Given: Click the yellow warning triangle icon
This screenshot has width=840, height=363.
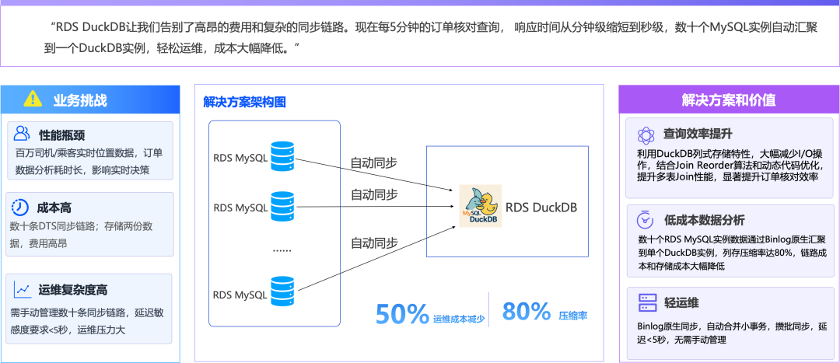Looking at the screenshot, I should [x=32, y=99].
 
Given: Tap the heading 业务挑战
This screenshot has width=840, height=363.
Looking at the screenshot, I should [x=80, y=99].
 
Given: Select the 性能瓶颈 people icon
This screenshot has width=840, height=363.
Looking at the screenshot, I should [x=22, y=134].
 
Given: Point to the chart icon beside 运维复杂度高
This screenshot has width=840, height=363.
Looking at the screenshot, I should [x=22, y=290].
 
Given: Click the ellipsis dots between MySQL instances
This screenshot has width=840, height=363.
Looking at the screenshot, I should [x=282, y=250].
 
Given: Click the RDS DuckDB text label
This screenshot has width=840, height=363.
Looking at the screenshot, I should [x=541, y=208].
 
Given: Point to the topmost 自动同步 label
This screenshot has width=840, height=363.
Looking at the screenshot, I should [x=374, y=162].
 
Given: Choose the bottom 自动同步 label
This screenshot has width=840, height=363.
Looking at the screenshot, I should [x=374, y=243].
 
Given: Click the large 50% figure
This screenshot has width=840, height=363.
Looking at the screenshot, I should [x=402, y=314].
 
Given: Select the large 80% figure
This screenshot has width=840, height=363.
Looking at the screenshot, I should [x=527, y=312].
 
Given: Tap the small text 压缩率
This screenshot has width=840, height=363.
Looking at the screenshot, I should [x=572, y=316].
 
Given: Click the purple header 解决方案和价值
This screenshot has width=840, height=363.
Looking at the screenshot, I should [x=728, y=99].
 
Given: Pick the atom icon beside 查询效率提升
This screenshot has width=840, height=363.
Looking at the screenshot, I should [x=646, y=134].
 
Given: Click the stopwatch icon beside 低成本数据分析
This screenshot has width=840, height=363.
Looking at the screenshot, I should [x=646, y=219].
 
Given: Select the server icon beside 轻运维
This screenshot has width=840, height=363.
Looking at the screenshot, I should [x=646, y=302].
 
